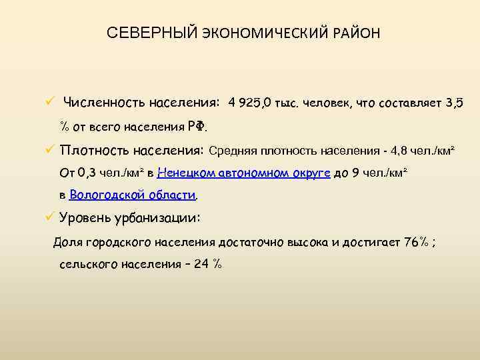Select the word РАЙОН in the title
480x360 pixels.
pyautogui.click(x=353, y=33)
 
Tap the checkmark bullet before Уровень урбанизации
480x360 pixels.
pyautogui.click(x=49, y=217)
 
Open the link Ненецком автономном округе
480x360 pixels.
pyautogui.click(x=244, y=173)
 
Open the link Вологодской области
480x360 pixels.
pyautogui.click(x=133, y=195)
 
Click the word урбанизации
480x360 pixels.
pyautogui.click(x=159, y=217)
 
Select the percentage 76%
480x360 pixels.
pyautogui.click(x=417, y=241)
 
